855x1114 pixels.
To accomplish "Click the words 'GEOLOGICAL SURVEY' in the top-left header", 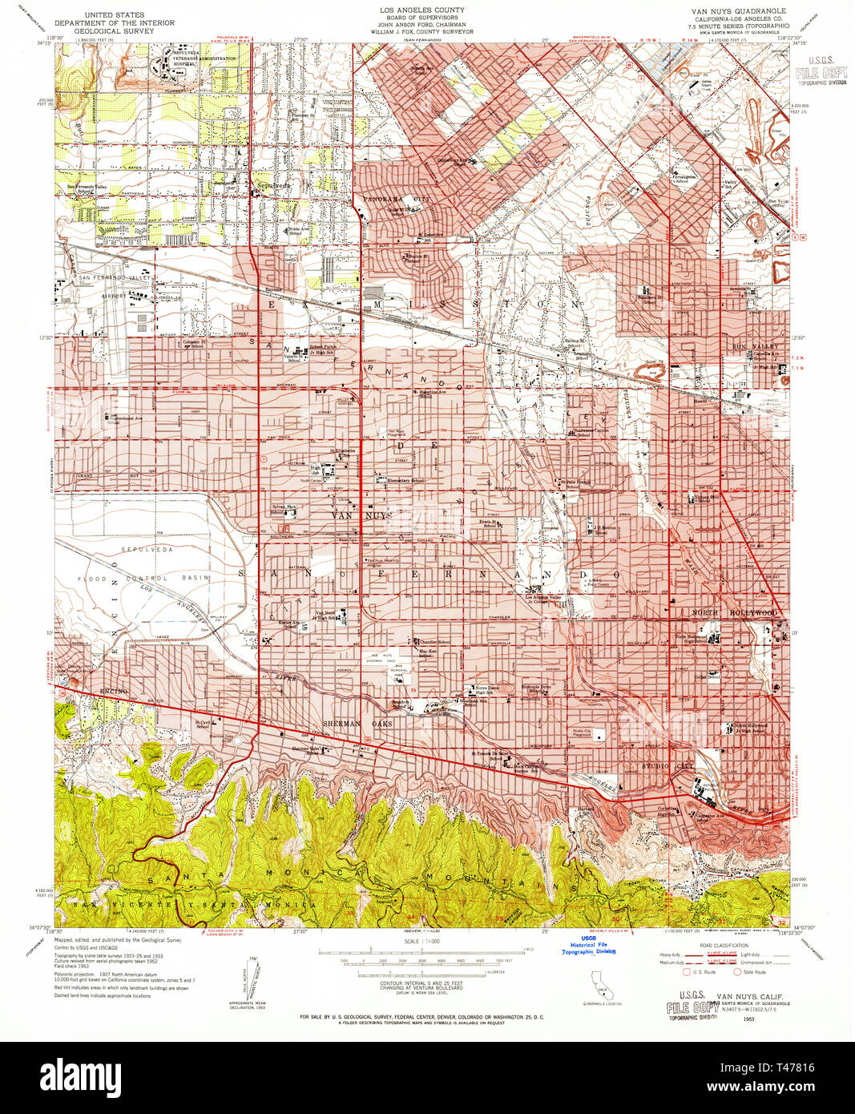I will click(x=114, y=30).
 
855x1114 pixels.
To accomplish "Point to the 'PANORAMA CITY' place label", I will click(x=396, y=199).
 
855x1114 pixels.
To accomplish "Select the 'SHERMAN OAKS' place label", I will click(x=357, y=724).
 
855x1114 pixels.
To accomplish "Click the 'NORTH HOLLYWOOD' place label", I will click(x=734, y=613).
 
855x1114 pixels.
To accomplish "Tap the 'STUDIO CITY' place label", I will click(x=666, y=766).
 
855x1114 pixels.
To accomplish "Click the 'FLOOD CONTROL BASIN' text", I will click(x=144, y=578).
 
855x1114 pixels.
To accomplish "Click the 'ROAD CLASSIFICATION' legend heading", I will click(x=724, y=946).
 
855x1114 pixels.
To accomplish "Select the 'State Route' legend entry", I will click(x=754, y=972).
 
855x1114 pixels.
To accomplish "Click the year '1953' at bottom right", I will click(x=748, y=1020).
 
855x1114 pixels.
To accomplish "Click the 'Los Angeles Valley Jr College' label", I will click(x=548, y=599).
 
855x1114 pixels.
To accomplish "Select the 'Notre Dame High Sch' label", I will click(x=484, y=690).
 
